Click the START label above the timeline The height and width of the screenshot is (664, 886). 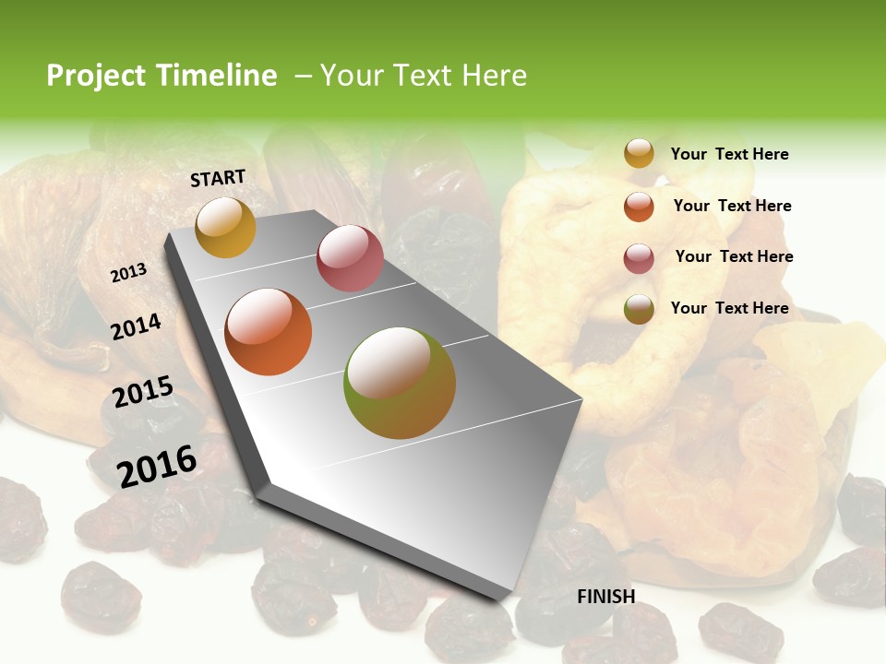tap(218, 178)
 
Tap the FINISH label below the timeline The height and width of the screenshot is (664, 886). tap(606, 597)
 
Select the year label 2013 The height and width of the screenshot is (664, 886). tap(129, 272)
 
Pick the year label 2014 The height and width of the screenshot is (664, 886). tap(137, 327)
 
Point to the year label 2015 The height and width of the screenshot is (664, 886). tap(143, 393)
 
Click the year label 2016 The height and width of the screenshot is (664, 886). tap(157, 466)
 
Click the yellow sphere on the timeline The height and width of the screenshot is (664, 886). tap(225, 227)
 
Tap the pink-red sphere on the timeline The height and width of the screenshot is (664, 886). tap(350, 257)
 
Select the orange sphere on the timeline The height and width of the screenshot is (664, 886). tap(269, 332)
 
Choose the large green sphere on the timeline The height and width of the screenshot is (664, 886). tap(400, 383)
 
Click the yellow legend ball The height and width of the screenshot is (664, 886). tap(639, 153)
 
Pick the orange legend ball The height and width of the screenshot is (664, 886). tap(639, 206)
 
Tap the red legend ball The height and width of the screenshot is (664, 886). tap(639, 257)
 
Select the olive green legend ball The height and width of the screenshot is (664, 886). tap(639, 309)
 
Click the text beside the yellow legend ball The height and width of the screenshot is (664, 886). tap(729, 154)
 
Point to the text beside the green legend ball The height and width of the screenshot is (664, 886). tap(729, 308)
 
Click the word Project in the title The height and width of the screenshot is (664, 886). tap(97, 76)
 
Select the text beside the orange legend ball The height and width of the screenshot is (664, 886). tap(732, 206)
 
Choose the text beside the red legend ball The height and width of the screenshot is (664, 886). tap(734, 256)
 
